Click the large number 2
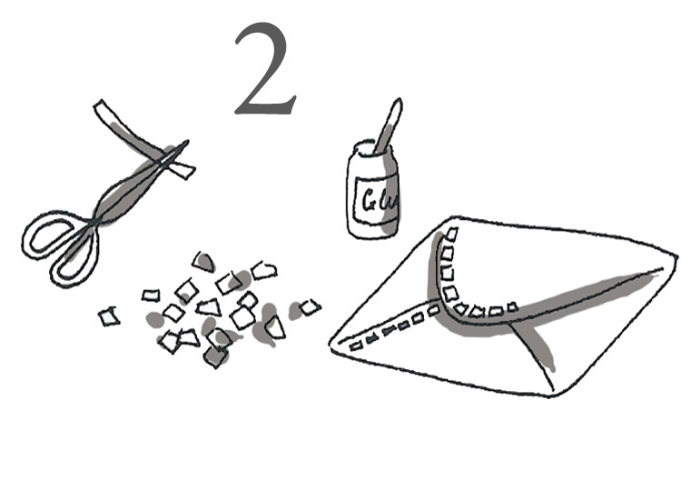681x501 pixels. pos(266,69)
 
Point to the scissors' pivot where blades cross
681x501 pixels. pos(93,223)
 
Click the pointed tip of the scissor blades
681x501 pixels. pos(187,141)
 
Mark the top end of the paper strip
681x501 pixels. pos(100,105)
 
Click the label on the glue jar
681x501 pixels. pos(377,200)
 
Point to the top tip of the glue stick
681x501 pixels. pos(398,101)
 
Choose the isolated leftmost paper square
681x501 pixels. pos(109,316)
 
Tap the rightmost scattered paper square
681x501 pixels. pos(311,307)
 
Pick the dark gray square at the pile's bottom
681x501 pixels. pos(215,356)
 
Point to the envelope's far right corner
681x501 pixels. pos(676,256)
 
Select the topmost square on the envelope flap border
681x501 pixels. pos(451,235)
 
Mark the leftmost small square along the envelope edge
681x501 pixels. pos(356,346)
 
